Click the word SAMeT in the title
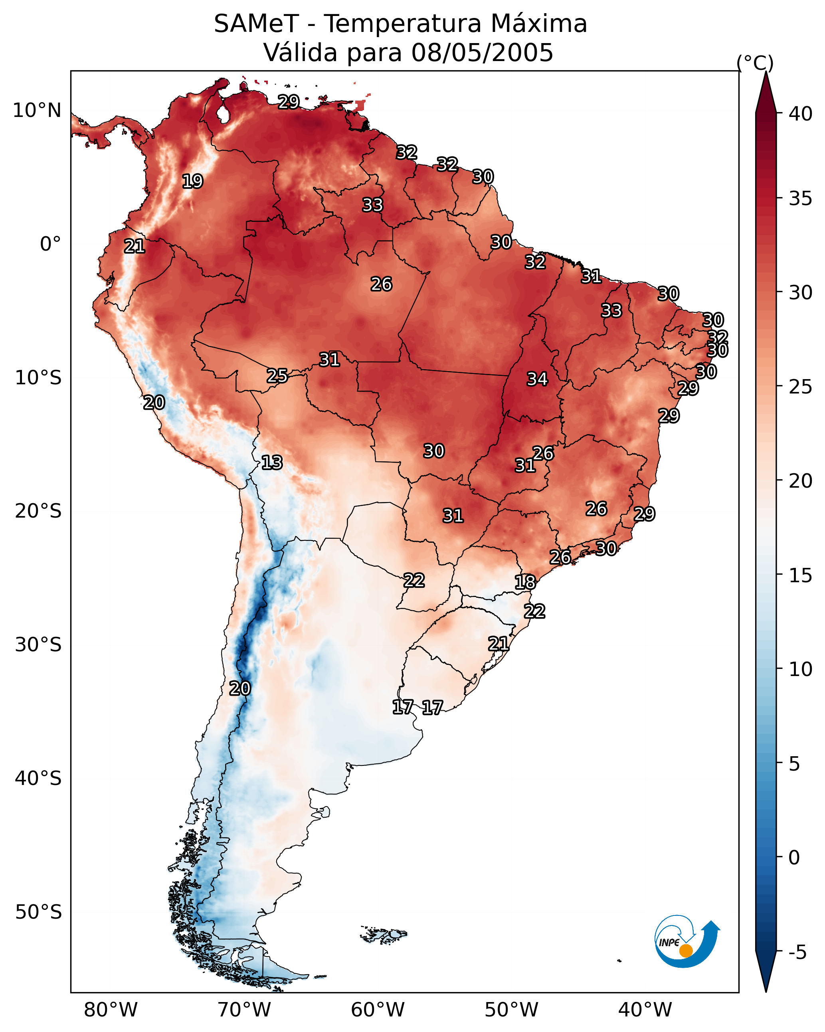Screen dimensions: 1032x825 coord(256,24)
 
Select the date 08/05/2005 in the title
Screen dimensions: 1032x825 coord(482,53)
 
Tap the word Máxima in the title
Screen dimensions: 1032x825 coord(539,24)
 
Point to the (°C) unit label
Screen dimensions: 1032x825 coord(755,63)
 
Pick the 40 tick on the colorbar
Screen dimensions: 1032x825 coord(801,114)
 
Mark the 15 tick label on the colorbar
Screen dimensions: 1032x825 coord(801,575)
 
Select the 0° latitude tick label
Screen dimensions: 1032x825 coord(50,244)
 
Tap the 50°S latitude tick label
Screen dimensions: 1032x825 coord(38,912)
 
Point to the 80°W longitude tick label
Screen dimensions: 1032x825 coord(111,1010)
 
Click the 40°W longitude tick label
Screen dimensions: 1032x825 coord(645,1010)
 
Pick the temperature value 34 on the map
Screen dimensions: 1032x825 coord(537,379)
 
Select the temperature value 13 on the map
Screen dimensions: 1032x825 coord(272,463)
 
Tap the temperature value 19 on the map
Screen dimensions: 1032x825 coord(192,182)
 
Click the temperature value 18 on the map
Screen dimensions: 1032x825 coord(525,582)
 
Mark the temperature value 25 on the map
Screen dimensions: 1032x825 coord(277,376)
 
